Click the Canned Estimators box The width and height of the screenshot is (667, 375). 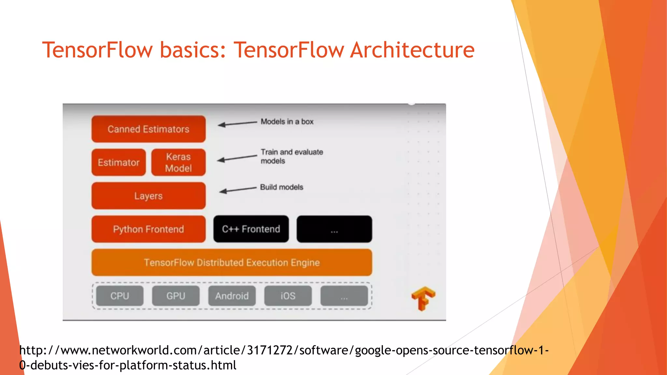point(149,129)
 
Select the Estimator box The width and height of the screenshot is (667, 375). point(119,162)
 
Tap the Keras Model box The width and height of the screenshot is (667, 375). point(178,162)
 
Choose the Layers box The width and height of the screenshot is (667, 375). point(149,196)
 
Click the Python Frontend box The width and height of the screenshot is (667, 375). point(149,229)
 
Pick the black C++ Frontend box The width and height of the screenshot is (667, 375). point(251,229)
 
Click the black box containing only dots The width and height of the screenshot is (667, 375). point(334,229)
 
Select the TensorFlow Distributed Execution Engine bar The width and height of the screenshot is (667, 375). point(232,263)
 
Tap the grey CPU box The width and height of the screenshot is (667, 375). point(120,296)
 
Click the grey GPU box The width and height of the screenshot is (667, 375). point(176,296)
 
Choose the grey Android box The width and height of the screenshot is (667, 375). point(232,296)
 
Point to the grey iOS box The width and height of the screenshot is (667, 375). point(288,296)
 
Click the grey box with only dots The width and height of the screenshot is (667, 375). point(344,296)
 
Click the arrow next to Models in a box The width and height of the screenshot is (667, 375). point(237,124)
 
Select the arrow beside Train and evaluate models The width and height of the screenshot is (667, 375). point(237,158)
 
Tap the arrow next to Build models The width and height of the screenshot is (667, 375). point(238,190)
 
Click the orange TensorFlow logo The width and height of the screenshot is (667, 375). point(423,298)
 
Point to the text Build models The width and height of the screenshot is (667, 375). point(282,187)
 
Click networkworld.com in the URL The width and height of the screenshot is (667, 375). point(129,350)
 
